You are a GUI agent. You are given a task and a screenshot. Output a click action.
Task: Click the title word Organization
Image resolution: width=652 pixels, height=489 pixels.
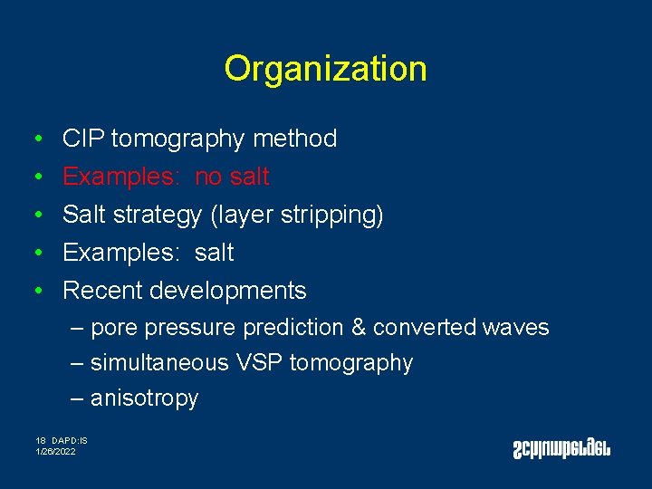coord(325,69)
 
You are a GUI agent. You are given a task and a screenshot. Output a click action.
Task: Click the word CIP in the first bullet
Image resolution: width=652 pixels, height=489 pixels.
coord(82,139)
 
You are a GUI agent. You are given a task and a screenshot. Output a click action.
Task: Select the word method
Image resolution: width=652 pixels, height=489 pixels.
coord(295,139)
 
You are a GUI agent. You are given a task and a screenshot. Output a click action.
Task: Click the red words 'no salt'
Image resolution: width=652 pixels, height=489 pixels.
coord(232,177)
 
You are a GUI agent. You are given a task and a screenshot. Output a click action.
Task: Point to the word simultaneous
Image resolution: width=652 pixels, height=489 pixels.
coord(159,363)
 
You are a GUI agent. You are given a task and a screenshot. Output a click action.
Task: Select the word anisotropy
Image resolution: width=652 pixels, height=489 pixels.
coord(144,398)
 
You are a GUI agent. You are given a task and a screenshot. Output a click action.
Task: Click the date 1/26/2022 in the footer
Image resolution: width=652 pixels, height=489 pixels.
coord(56,450)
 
